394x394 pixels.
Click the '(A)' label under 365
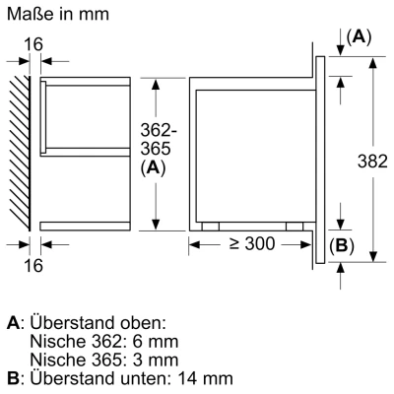(152, 167)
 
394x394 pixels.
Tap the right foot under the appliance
(293, 225)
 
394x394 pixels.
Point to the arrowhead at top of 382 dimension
(371, 61)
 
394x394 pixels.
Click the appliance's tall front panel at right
(321, 158)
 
